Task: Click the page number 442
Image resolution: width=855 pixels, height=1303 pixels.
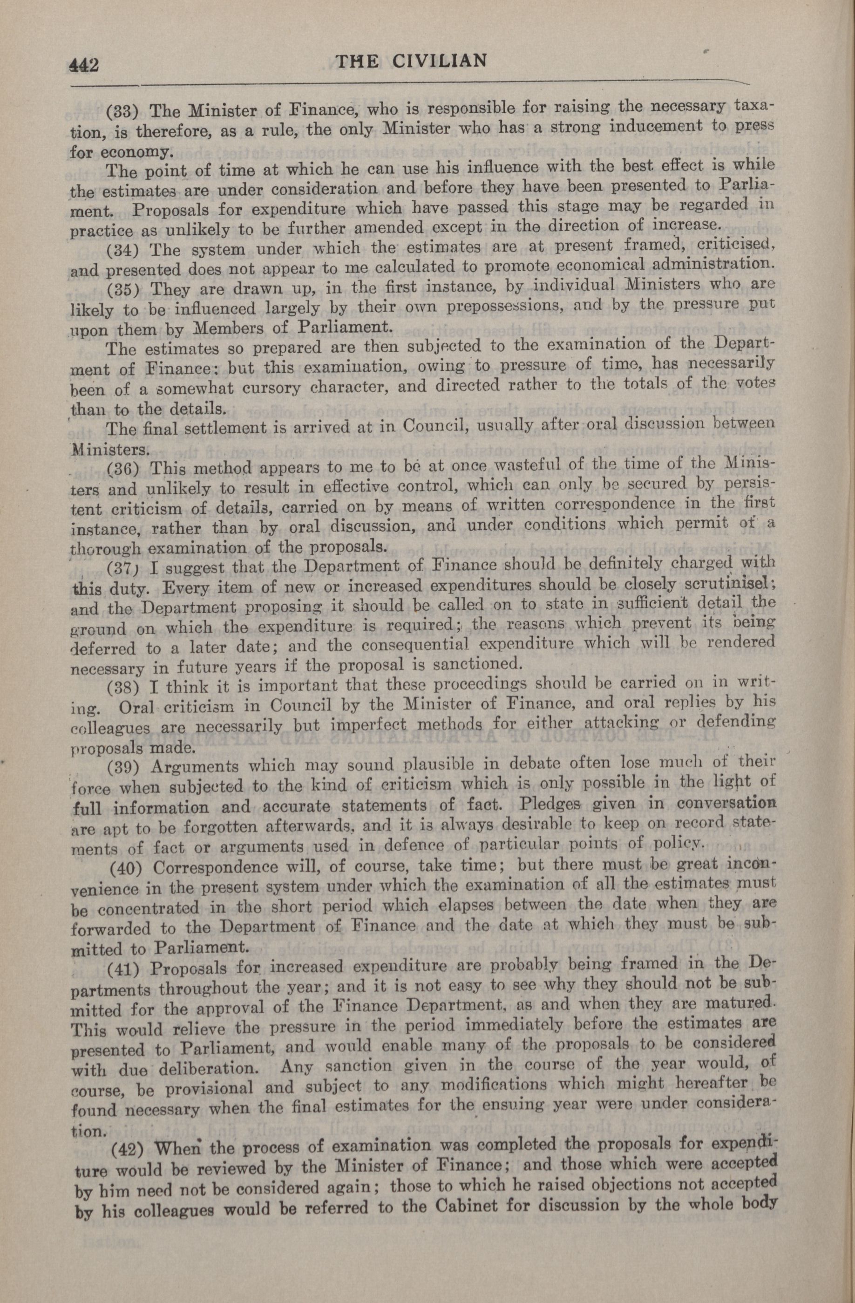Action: [84, 65]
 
